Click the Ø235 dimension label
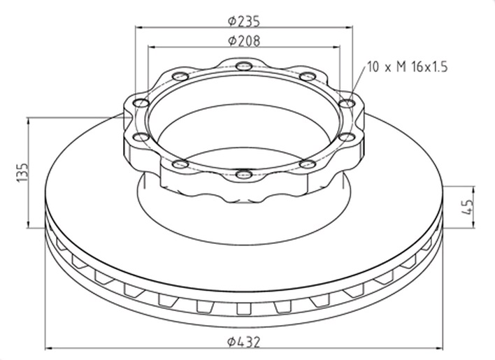pos(244,21)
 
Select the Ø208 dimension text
pos(244,41)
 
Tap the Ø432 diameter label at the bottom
pos(244,342)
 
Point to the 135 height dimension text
pos(22,172)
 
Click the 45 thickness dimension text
pos(467,207)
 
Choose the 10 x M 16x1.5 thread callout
pos(408,67)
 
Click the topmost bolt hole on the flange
pos(244,66)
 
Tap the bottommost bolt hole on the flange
pos(244,173)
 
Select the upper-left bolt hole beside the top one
pos(180,76)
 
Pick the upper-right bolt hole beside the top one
pos(308,76)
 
